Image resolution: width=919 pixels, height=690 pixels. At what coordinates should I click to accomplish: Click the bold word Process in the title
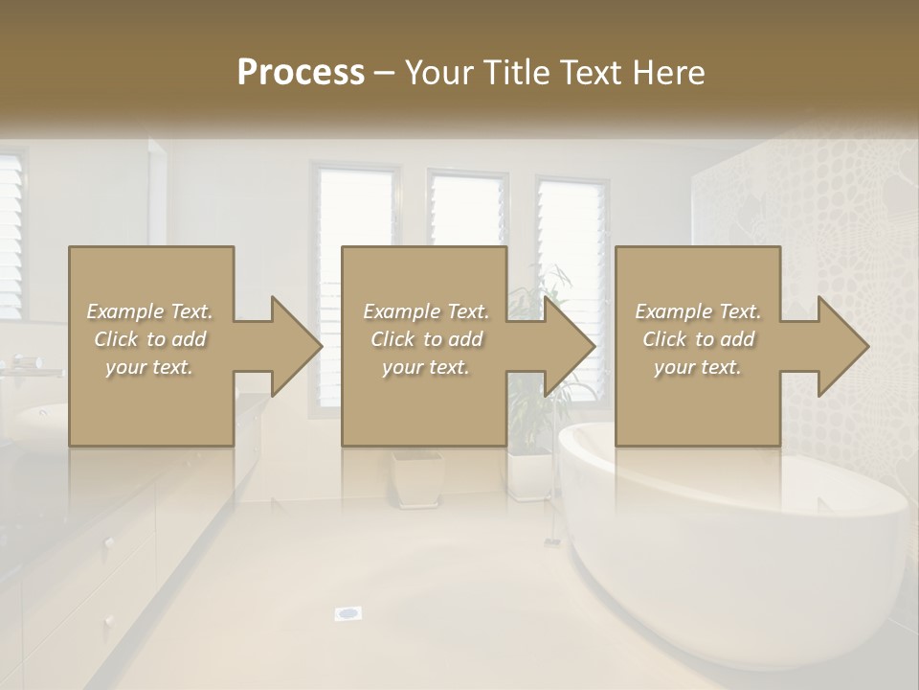click(301, 72)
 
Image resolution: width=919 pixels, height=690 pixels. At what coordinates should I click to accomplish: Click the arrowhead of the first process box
click(297, 346)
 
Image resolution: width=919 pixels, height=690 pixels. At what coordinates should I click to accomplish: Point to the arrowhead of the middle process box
click(571, 346)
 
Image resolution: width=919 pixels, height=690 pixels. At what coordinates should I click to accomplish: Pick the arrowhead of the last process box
click(843, 346)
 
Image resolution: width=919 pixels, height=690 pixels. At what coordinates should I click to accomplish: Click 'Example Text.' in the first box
click(149, 311)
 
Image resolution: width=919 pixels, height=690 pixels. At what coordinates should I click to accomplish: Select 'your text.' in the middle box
click(425, 367)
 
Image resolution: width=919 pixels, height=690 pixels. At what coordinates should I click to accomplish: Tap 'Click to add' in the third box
click(698, 339)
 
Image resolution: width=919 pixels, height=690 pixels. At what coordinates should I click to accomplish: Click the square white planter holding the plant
click(530, 474)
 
